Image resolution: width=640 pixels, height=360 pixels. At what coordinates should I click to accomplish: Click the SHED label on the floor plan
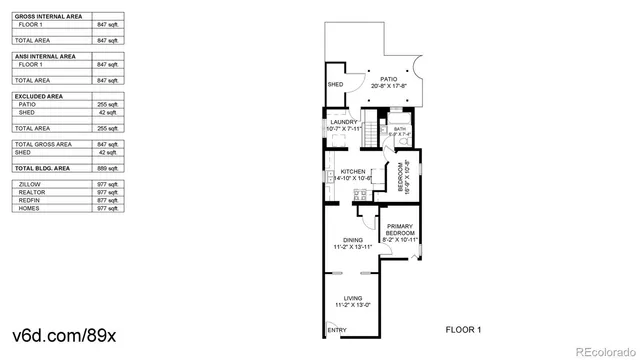click(336, 84)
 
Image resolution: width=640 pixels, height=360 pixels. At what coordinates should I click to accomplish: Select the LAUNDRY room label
click(343, 124)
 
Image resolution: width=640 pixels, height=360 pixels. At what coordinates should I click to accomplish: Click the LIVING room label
click(352, 299)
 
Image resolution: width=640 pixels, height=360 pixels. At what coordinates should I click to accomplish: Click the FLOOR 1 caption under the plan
click(463, 329)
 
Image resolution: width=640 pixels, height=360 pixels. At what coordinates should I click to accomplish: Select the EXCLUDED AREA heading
click(37, 96)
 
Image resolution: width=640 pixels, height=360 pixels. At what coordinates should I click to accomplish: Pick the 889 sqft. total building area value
click(107, 170)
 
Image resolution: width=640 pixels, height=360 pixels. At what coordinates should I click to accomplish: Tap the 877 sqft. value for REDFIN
click(107, 200)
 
